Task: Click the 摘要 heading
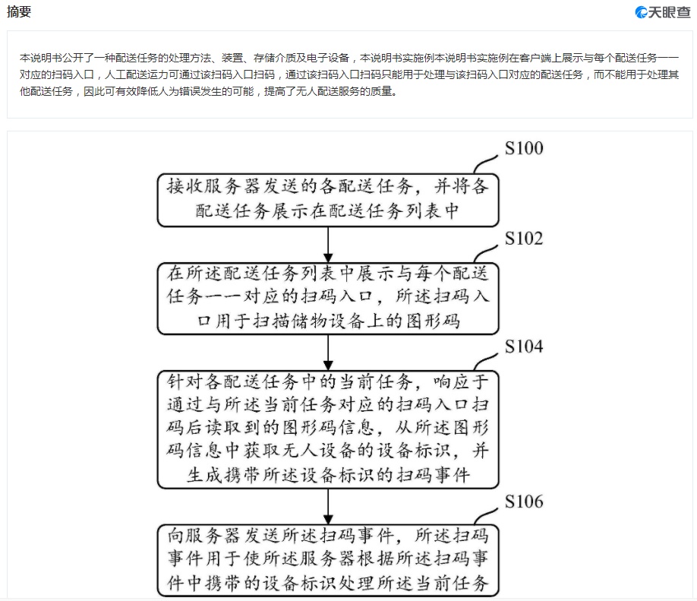point(19,11)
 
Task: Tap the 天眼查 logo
point(662,12)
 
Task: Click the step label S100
point(524,148)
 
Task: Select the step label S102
point(524,239)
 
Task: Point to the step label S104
point(524,346)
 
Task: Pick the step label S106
point(524,501)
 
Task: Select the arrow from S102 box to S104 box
point(328,353)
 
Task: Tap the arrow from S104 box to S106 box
point(328,507)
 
